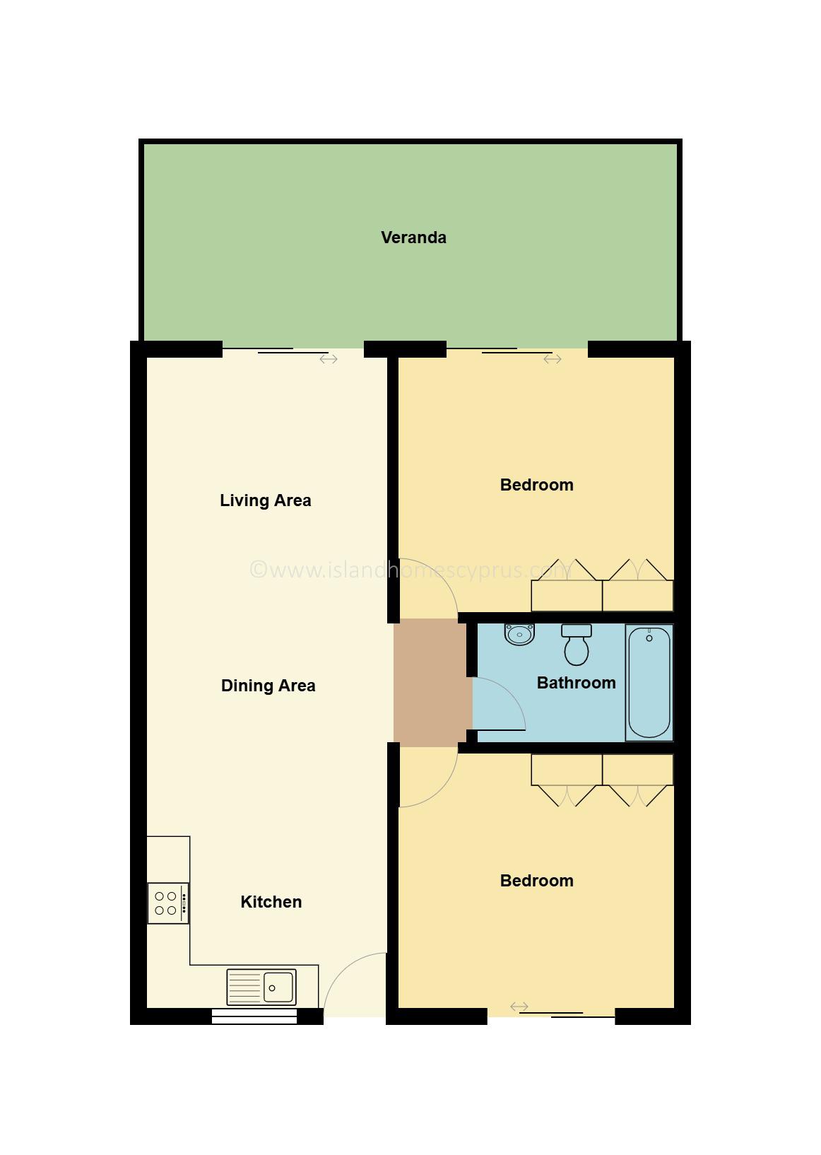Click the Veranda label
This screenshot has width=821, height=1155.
coord(413,238)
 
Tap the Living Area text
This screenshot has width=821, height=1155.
coord(266,500)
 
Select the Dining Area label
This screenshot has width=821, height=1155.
coord(268,686)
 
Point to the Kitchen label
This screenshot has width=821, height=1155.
coord(271,902)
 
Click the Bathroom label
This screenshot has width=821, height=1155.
coord(577,684)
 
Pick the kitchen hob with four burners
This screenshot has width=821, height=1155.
coord(168,903)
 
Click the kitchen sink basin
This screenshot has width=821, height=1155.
coord(278,987)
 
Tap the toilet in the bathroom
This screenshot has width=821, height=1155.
coord(577,645)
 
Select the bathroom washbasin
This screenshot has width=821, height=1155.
coord(519,634)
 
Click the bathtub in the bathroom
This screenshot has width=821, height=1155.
coord(649,683)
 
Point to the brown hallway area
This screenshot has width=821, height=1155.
coord(432,683)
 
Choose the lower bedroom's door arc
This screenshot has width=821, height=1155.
coord(442,790)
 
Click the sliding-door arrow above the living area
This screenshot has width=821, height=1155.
coord(329,359)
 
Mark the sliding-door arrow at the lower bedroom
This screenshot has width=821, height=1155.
coord(519,1007)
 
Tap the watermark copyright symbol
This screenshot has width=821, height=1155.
coord(258,570)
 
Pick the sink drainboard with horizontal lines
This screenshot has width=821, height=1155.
coord(244,987)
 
